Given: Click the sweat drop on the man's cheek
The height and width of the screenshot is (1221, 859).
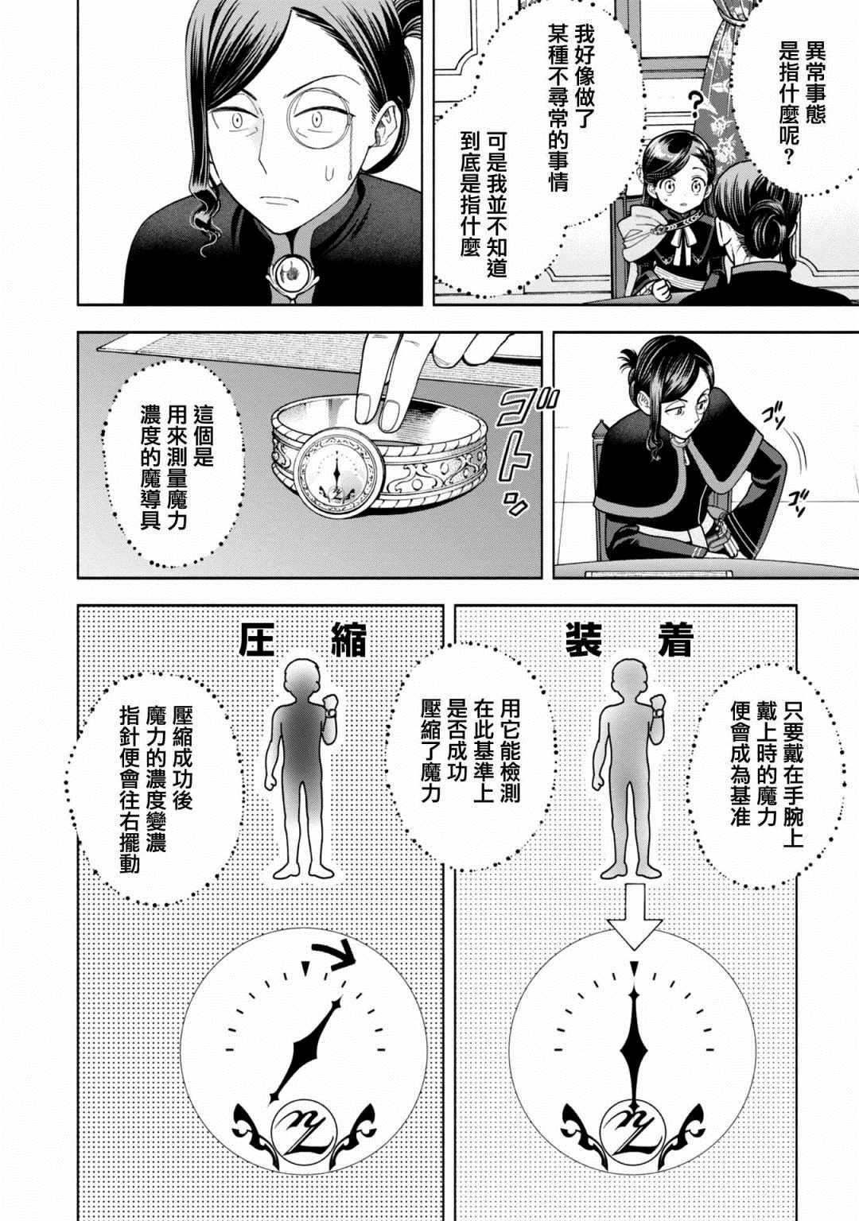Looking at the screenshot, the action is tap(328, 174).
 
